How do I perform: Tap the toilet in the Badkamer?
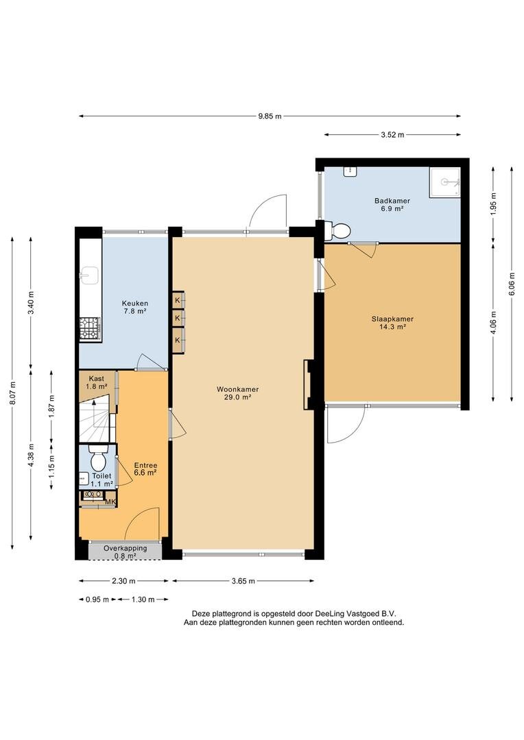click(340, 231)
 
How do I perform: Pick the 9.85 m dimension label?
click(270, 116)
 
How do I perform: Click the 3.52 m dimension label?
click(392, 135)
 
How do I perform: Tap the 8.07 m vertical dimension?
click(12, 393)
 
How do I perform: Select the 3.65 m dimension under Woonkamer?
click(243, 581)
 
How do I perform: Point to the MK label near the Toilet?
click(110, 502)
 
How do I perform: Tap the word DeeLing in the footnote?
click(330, 614)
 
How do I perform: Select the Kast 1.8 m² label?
click(97, 382)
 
